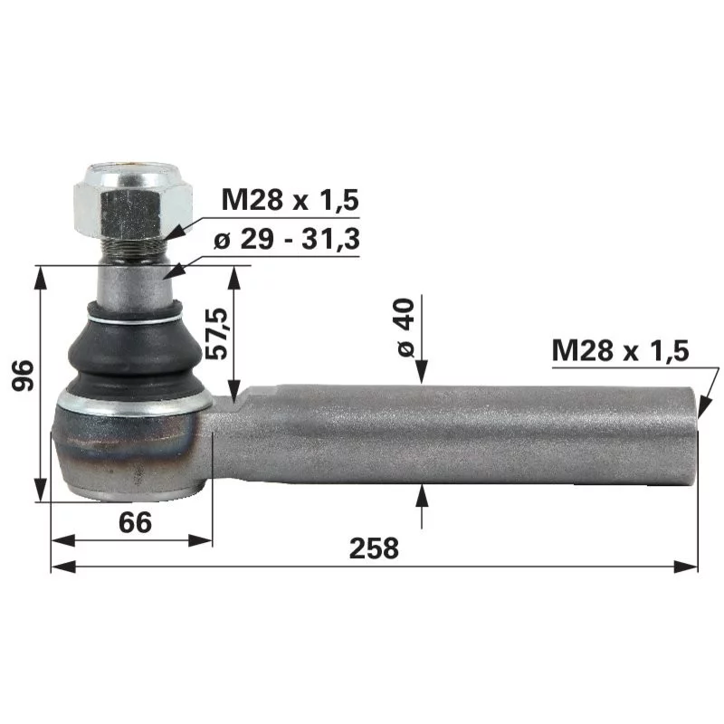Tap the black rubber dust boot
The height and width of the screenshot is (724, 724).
click(x=135, y=348)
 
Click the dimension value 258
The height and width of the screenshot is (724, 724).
click(x=374, y=548)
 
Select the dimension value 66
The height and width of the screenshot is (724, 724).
click(x=134, y=521)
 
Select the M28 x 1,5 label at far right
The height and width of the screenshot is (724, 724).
click(x=620, y=350)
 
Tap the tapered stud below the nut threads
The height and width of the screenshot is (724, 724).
click(x=135, y=284)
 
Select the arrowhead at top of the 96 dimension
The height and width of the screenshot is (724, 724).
click(x=41, y=274)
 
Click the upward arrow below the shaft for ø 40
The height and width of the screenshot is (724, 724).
click(x=421, y=494)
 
